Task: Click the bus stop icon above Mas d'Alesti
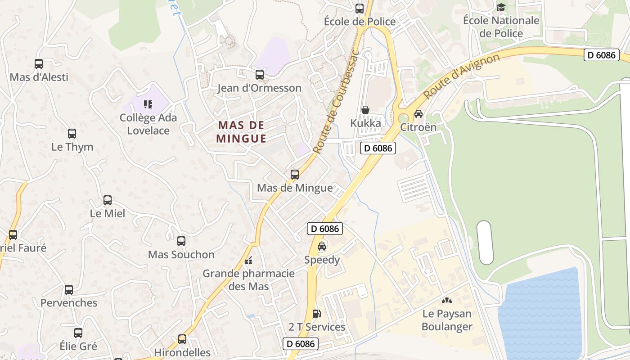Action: coord(39,64)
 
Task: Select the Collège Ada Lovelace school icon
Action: coord(148,104)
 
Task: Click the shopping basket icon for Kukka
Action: coord(365,110)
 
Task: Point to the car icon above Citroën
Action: coord(418,113)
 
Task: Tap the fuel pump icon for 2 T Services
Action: coord(317,314)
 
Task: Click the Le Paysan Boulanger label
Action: coord(446,320)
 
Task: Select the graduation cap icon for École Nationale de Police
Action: coord(501,7)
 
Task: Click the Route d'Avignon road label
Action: coord(462,76)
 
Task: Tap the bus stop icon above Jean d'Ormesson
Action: coord(260,75)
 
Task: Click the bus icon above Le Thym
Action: coord(72,134)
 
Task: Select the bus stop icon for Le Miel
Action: coord(108,200)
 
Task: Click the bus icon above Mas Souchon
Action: coord(181,241)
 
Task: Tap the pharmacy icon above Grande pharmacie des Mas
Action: coord(248,261)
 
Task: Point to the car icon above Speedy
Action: coord(322,247)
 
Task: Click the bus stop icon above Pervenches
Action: coord(69,290)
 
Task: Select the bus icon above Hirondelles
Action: coord(182,339)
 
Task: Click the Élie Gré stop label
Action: coord(78,346)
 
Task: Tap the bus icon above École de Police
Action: coord(360,8)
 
